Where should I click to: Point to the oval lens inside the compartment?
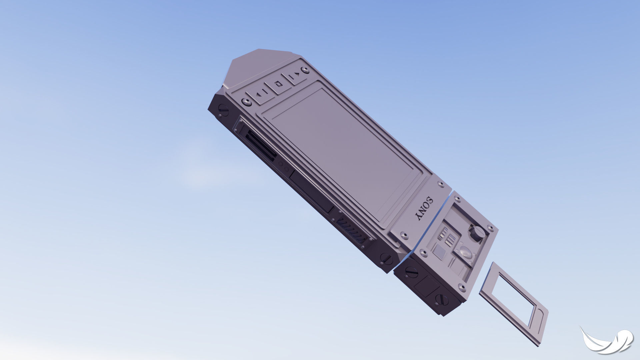466,253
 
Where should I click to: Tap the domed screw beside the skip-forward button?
304,70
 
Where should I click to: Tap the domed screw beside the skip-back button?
247,102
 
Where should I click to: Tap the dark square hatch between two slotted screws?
428,286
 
